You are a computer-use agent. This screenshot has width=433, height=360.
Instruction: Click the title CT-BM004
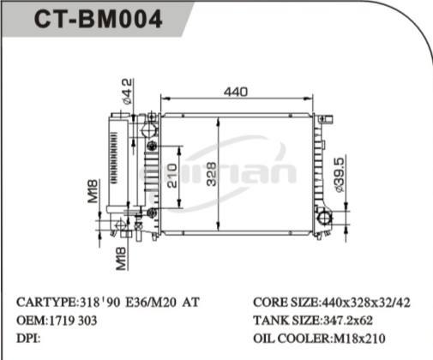98,20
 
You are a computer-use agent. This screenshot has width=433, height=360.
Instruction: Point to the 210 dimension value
172,177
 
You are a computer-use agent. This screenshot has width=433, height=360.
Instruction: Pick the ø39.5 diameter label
339,175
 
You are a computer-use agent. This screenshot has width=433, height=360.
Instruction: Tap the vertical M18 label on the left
93,191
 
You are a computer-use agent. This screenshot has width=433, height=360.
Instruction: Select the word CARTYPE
47,303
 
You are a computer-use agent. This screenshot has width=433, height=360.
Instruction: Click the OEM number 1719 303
73,320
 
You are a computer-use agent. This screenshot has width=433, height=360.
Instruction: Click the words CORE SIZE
285,303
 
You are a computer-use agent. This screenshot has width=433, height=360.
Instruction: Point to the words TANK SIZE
285,320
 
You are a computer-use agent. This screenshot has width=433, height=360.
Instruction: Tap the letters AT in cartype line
193,303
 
